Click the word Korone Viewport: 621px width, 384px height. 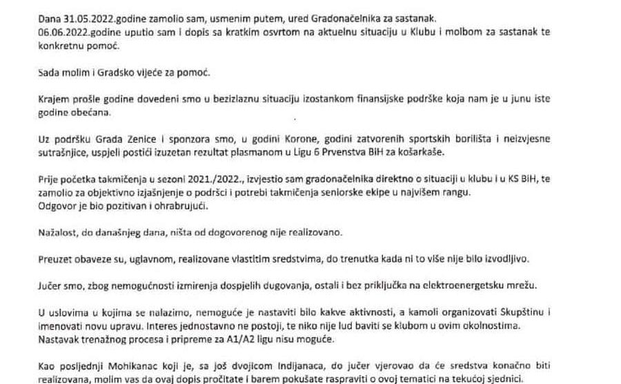click(283, 141)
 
